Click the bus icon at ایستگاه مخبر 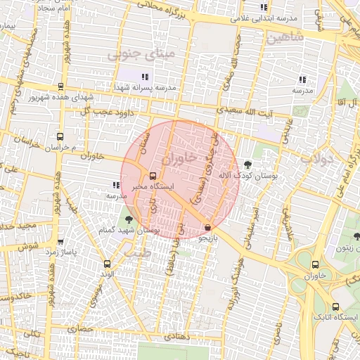(x=153, y=176)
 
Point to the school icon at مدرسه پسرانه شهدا (x=144, y=77)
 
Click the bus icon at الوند (x=107, y=264)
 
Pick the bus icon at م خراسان (x=59, y=136)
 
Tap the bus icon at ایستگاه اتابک (x=335, y=307)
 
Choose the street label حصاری (x=80, y=328)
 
